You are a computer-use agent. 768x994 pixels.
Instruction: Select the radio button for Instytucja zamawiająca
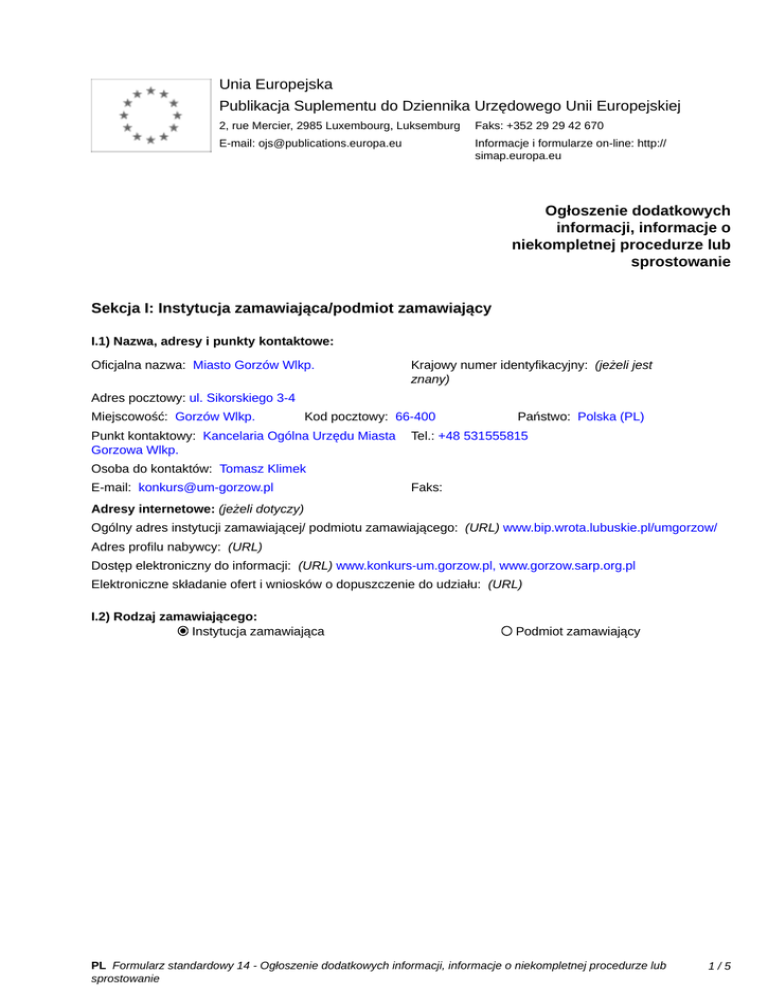(x=182, y=631)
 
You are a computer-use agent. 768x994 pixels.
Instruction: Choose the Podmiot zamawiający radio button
(x=507, y=631)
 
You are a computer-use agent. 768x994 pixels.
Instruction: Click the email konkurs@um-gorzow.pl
(x=206, y=487)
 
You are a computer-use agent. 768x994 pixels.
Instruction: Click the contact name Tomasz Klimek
(x=262, y=468)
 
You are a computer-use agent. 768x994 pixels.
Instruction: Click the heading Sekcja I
(x=290, y=309)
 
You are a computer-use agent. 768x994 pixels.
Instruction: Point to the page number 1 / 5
(x=719, y=966)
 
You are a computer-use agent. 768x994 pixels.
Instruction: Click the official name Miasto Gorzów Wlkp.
(x=254, y=366)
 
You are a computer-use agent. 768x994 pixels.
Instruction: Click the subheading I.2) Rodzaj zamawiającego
(x=174, y=616)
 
